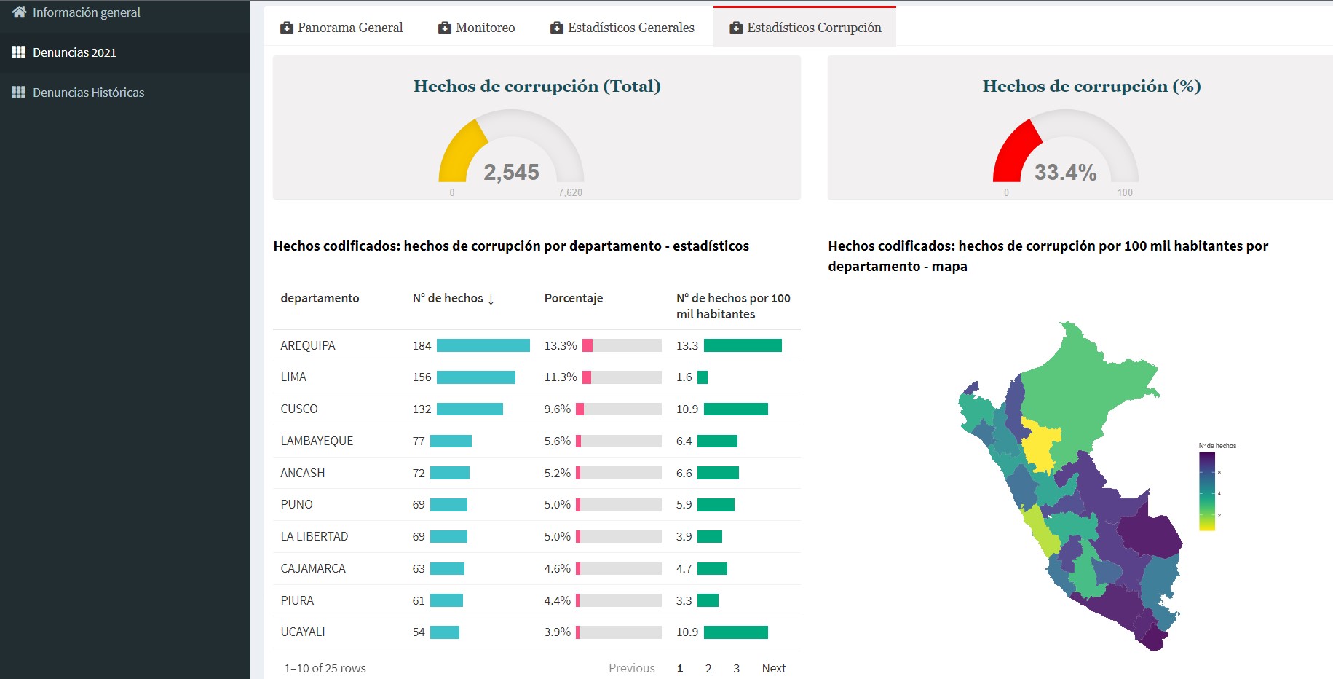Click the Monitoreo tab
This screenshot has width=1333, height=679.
(x=477, y=28)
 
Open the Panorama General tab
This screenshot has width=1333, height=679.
(x=341, y=28)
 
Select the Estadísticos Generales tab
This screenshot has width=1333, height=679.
(x=622, y=28)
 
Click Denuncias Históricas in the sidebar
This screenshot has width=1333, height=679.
(x=88, y=93)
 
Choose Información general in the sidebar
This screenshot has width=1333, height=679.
(x=86, y=12)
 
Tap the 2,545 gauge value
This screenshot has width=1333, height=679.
(x=511, y=173)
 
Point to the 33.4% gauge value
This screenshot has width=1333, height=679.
(x=1065, y=173)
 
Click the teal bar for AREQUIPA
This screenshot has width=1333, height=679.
(x=483, y=345)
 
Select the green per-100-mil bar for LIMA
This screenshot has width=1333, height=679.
(x=703, y=377)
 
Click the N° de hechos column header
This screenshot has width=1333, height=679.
(x=453, y=299)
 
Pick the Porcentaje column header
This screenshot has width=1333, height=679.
(x=574, y=298)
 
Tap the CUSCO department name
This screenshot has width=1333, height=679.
(x=299, y=409)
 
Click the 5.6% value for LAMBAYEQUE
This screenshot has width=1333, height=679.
(x=557, y=441)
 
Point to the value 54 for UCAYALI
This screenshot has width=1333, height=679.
(x=419, y=632)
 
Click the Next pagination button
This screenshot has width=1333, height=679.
(x=773, y=668)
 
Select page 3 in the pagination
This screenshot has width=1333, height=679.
(x=736, y=668)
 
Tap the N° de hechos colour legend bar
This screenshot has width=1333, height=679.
(x=1206, y=491)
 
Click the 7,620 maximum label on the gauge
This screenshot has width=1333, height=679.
(x=570, y=193)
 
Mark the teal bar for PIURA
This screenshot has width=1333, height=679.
(x=446, y=600)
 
